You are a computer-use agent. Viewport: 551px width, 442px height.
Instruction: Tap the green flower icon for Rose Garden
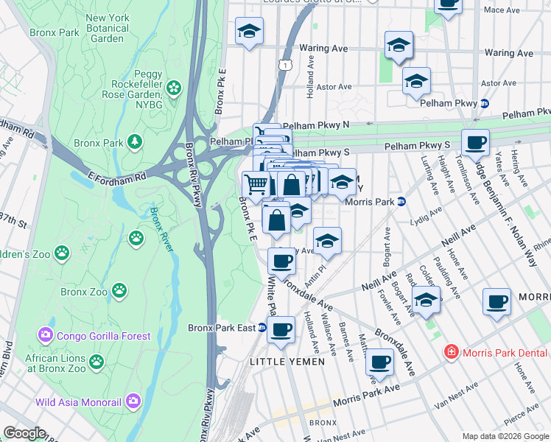[x=174, y=88]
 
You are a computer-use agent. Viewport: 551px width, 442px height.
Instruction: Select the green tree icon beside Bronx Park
[x=134, y=141]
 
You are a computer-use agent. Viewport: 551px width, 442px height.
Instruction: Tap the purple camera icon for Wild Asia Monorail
[x=133, y=401]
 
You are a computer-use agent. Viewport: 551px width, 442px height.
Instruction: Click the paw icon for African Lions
[x=96, y=361]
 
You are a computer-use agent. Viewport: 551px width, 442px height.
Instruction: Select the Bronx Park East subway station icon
[x=261, y=328]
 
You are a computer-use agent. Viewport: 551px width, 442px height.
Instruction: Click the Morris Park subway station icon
[x=401, y=201]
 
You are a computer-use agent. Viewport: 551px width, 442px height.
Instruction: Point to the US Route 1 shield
[x=284, y=66]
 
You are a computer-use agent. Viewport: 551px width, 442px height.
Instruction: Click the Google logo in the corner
[x=24, y=433]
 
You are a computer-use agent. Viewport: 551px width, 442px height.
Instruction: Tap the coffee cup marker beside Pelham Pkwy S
[x=475, y=141]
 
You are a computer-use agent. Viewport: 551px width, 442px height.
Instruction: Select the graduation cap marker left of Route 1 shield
[x=249, y=32]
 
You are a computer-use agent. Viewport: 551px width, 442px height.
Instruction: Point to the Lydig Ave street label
[x=424, y=214]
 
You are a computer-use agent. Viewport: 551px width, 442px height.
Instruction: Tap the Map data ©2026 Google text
[x=505, y=435]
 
